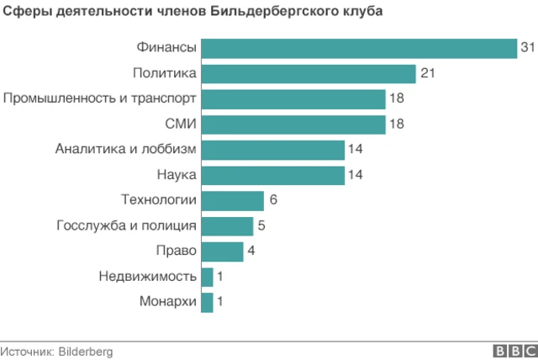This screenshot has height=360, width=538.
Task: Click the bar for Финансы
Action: click(x=359, y=49)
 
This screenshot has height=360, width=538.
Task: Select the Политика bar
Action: click(x=309, y=74)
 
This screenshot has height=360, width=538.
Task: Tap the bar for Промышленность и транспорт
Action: click(x=293, y=99)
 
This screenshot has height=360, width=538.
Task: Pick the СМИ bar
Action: click(x=293, y=124)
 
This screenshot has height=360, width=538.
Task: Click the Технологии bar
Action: click(x=233, y=200)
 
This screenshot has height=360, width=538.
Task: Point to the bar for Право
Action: click(x=223, y=251)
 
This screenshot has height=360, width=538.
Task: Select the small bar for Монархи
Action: click(x=208, y=301)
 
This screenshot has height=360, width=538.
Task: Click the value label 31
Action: click(x=527, y=49)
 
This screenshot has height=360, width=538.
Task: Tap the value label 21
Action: click(x=427, y=74)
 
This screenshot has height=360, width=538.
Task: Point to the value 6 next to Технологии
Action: click(x=272, y=200)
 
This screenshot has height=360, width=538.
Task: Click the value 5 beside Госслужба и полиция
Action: click(x=261, y=225)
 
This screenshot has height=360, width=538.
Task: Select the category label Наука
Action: click(x=177, y=175)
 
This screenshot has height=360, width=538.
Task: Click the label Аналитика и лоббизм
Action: click(x=126, y=150)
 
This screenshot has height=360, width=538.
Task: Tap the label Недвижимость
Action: click(x=148, y=276)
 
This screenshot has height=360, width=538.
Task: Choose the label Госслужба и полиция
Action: click(x=127, y=225)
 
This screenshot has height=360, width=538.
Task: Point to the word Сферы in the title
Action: click(x=23, y=13)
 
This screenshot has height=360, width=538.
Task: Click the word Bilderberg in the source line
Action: click(x=85, y=352)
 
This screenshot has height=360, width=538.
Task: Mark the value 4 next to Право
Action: click(x=251, y=251)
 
